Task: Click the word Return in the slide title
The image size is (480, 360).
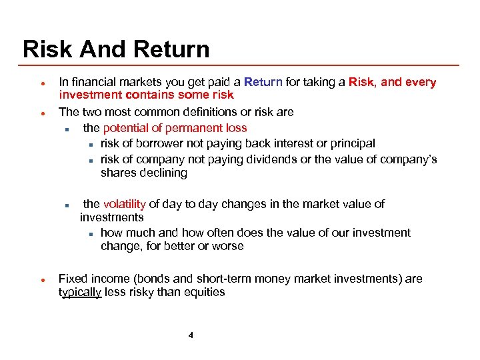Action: pyautogui.click(x=171, y=49)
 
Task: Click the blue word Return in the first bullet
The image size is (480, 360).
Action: pyautogui.click(x=264, y=82)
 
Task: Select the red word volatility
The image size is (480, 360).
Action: pyautogui.click(x=124, y=204)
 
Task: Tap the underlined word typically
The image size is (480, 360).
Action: pyautogui.click(x=80, y=292)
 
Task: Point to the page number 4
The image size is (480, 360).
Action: pyautogui.click(x=191, y=335)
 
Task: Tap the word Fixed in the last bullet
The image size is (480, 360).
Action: pyautogui.click(x=73, y=279)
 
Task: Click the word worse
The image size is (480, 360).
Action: pyautogui.click(x=227, y=246)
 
